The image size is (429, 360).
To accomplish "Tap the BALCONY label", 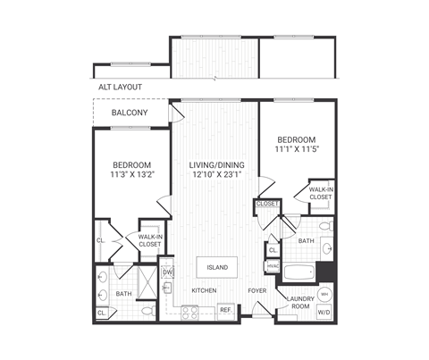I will point(130,113).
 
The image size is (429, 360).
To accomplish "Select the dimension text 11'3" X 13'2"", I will point(130,176).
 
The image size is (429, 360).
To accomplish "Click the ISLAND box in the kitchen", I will point(217,267).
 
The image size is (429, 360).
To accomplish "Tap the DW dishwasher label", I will point(167,272).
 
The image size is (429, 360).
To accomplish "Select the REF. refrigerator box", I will point(226,310).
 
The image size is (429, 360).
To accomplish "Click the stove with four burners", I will point(190,312).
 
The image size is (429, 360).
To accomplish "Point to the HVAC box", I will point(273,266).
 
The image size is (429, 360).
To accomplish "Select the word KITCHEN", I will point(205,291).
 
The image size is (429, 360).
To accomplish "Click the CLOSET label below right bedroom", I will point(267,204).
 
